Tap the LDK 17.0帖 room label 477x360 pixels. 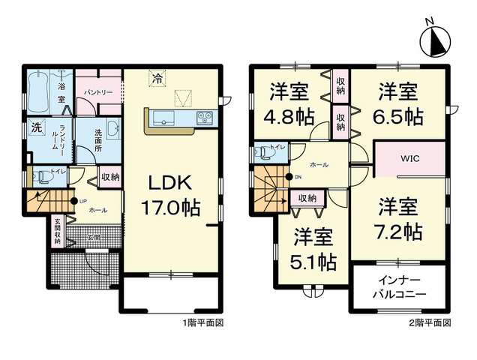tap(173, 195)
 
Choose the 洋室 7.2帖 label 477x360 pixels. tap(398, 217)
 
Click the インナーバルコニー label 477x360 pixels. tap(400, 288)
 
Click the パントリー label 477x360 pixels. tap(98, 91)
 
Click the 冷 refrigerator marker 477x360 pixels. tap(157, 76)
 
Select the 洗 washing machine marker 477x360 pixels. tap(35, 127)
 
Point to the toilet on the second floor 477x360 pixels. tap(262, 151)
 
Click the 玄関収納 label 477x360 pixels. tap(58, 231)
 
